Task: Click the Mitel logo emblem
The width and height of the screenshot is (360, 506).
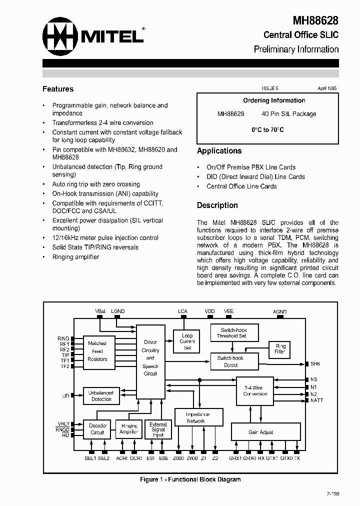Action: [x=60, y=35]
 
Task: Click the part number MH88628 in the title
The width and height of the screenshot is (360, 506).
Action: [x=315, y=20]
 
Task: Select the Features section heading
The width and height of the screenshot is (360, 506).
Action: [x=58, y=89]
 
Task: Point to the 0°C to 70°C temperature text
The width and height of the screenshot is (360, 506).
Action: [x=267, y=129]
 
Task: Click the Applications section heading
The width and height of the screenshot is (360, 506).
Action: [x=219, y=150]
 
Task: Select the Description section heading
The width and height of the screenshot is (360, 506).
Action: [x=217, y=205]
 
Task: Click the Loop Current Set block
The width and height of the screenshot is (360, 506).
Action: [x=187, y=341]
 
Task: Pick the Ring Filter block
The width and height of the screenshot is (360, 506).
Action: [x=280, y=348]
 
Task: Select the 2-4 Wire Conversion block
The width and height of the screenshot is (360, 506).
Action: [x=255, y=390]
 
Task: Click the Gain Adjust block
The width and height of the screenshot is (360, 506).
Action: [x=260, y=432]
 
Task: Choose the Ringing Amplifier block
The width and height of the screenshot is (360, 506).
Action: [x=128, y=429]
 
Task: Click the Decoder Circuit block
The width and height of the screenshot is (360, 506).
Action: [x=97, y=429]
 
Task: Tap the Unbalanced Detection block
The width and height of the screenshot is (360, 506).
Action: [x=101, y=395]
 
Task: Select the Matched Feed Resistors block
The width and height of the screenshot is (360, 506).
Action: [x=97, y=351]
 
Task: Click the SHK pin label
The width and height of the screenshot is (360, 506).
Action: [x=315, y=364]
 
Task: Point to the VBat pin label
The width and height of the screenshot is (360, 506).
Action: [x=100, y=311]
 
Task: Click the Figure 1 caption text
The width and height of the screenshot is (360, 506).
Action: [x=190, y=479]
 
